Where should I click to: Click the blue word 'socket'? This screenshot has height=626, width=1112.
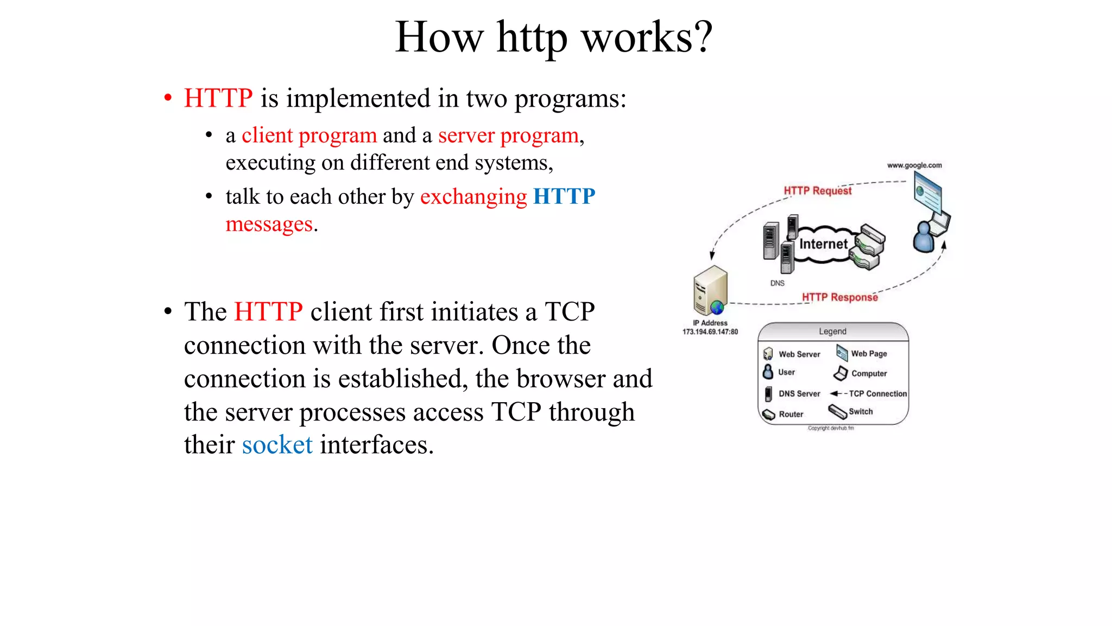(277, 445)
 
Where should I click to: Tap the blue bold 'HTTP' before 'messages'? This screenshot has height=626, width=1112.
(564, 196)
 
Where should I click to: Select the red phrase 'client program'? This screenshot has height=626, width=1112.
(309, 135)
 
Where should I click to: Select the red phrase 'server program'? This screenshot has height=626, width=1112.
(508, 135)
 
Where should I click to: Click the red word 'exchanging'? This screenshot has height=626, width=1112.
(473, 197)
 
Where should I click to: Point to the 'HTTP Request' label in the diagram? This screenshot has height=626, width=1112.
(817, 191)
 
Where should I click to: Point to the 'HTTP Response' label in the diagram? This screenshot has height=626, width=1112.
(839, 297)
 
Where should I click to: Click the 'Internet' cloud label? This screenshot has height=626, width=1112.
(823, 244)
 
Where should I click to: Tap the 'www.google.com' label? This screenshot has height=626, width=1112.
(914, 165)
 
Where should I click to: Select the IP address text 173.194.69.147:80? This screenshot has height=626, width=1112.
(710, 331)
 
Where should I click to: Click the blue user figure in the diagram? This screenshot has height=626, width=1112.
(923, 237)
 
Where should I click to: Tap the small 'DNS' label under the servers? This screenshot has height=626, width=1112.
(777, 283)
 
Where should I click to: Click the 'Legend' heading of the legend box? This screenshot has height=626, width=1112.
(832, 331)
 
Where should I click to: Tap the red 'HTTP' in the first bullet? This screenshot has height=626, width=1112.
(218, 98)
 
